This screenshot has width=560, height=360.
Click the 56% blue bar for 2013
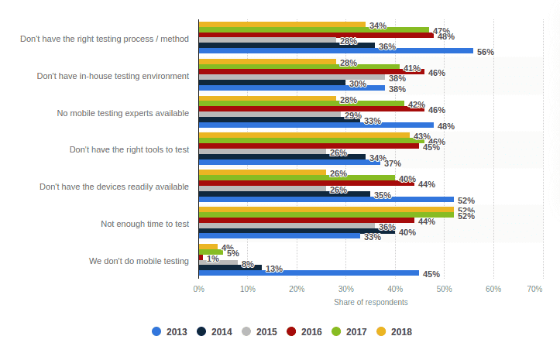335,51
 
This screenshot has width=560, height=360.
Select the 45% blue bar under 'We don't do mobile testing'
308,273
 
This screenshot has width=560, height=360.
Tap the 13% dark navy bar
230,267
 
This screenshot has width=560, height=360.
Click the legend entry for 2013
170,331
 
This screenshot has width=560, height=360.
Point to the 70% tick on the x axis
534,289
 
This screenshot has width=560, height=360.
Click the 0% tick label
198,289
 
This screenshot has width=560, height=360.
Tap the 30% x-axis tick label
345,289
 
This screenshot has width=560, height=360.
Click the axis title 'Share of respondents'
366,302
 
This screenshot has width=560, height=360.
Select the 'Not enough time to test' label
145,224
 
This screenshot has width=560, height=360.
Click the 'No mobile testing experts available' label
123,113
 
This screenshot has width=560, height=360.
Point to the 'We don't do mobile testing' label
139,261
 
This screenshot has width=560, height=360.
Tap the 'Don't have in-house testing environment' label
113,76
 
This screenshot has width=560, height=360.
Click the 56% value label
486,52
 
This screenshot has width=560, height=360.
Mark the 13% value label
273,269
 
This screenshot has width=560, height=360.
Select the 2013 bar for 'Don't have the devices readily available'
325,200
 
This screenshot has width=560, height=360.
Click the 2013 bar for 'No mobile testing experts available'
315,125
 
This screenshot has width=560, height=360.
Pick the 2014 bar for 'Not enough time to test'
297,231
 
